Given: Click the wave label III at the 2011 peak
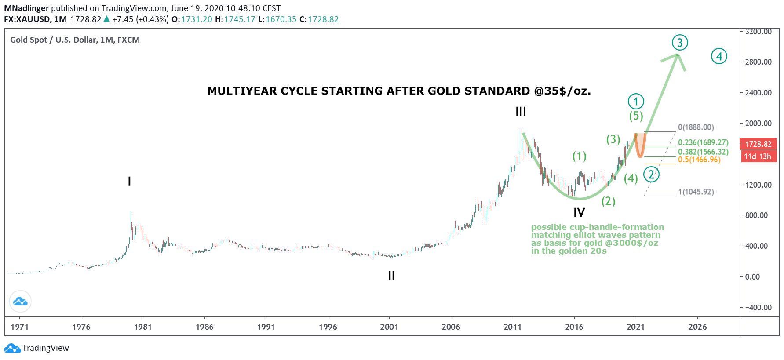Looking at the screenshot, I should tap(521, 112).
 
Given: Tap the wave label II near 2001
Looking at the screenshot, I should tap(391, 276).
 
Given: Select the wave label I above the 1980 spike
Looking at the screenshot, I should tap(129, 181).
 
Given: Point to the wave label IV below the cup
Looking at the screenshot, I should tap(579, 213).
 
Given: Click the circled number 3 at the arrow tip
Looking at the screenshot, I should tap(680, 43).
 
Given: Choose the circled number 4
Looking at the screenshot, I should tap(719, 56).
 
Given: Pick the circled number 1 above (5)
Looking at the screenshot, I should tap(636, 102).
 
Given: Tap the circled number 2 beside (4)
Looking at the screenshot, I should tap(651, 175).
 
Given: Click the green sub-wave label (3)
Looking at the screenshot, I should tap(613, 139).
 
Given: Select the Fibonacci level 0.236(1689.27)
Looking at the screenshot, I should tap(703, 142).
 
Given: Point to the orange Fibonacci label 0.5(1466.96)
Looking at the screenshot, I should tap(699, 160).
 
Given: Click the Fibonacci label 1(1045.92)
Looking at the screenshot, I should tap(696, 192).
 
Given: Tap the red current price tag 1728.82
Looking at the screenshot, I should tap(758, 144).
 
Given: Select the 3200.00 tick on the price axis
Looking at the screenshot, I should tap(758, 32).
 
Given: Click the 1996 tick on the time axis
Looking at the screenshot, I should tap(328, 327).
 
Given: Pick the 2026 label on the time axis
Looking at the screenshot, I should tap(697, 327).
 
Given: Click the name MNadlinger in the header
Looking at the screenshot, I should tap(26, 8).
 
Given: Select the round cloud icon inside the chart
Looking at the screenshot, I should tap(20, 302).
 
